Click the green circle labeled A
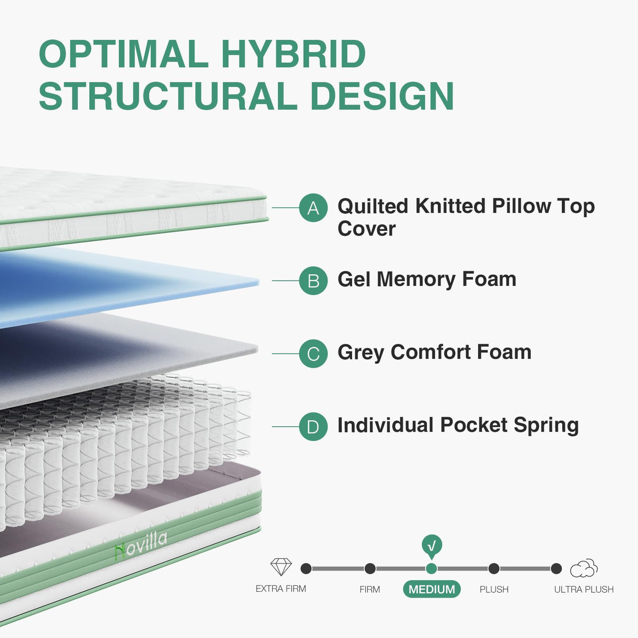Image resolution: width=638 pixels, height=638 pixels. tap(313, 208)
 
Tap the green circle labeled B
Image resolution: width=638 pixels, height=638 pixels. tap(313, 281)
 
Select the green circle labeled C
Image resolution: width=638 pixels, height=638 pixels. tap(313, 354)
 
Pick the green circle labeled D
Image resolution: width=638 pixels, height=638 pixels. tap(313, 426)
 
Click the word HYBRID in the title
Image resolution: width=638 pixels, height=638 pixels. tap(293, 54)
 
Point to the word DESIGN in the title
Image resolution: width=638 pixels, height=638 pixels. tap(382, 96)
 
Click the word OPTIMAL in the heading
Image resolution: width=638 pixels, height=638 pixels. tap(124, 54)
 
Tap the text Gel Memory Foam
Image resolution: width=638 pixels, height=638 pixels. tap(427, 279)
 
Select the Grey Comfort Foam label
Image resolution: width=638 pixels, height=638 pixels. tap(434, 352)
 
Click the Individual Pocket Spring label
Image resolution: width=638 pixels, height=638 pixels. tap(458, 425)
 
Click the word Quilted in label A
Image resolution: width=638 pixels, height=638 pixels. tap(373, 206)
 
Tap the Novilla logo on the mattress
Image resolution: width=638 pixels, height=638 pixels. tap(141, 545)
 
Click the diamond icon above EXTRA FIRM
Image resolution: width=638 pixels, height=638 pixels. tap(281, 567)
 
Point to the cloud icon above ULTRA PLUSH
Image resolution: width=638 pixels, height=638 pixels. tap(584, 568)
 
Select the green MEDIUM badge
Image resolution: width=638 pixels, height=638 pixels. tap(431, 589)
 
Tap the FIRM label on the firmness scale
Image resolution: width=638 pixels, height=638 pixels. tap(369, 589)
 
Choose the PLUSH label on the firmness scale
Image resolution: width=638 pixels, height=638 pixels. tap(494, 589)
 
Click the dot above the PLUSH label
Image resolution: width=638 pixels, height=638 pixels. tap(494, 568)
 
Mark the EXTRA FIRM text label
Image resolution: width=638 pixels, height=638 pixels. tap(281, 589)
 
